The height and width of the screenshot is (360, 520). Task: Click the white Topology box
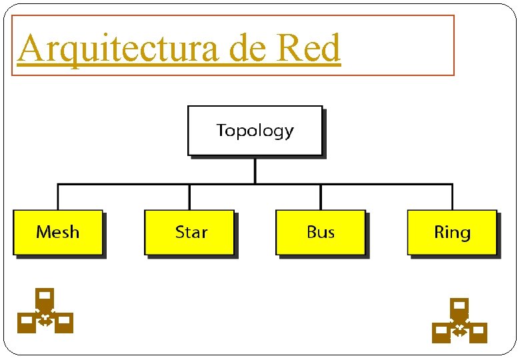pyautogui.click(x=255, y=130)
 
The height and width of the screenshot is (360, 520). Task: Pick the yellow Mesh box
pyautogui.click(x=58, y=232)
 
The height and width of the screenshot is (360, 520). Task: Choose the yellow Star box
pyautogui.click(x=189, y=232)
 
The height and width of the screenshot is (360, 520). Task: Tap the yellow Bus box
pyautogui.click(x=321, y=232)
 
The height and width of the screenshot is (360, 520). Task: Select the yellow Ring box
pyautogui.click(x=452, y=232)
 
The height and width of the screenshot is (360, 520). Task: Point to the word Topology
pyautogui.click(x=255, y=130)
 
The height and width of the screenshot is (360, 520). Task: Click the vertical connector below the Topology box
pyautogui.click(x=255, y=169)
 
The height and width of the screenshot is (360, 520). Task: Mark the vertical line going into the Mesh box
pyautogui.click(x=58, y=197)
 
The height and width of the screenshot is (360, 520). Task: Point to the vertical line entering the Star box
pyautogui.click(x=189, y=197)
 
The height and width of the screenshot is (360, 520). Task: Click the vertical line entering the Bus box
pyautogui.click(x=321, y=197)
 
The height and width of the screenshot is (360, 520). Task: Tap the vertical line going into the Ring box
pyautogui.click(x=452, y=197)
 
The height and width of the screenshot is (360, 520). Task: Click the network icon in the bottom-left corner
pyautogui.click(x=45, y=311)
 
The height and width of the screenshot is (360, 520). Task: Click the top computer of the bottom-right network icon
pyautogui.click(x=459, y=307)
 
